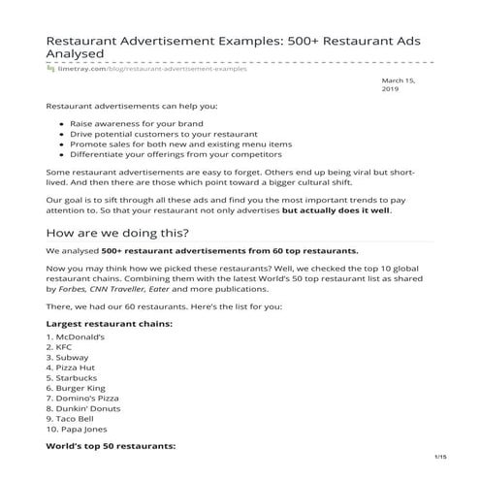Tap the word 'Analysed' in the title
(79, 54)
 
